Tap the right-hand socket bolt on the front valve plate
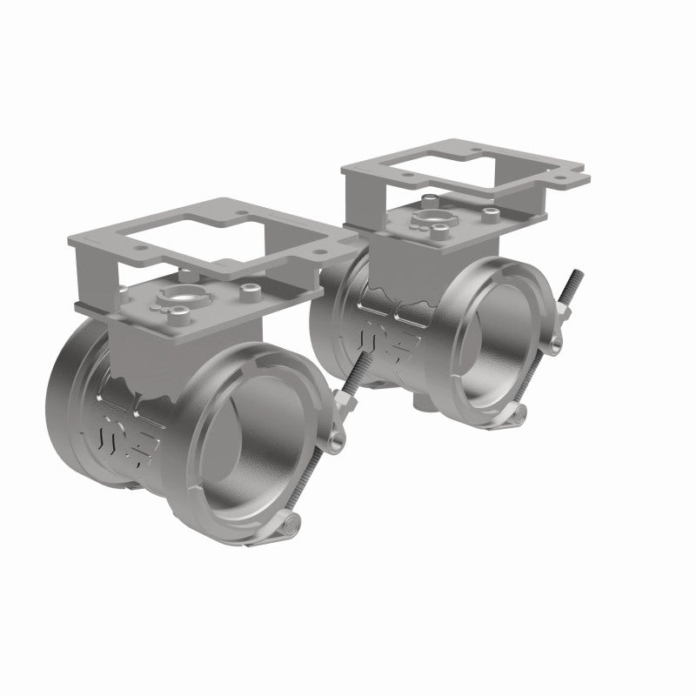pyautogui.click(x=251, y=289)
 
